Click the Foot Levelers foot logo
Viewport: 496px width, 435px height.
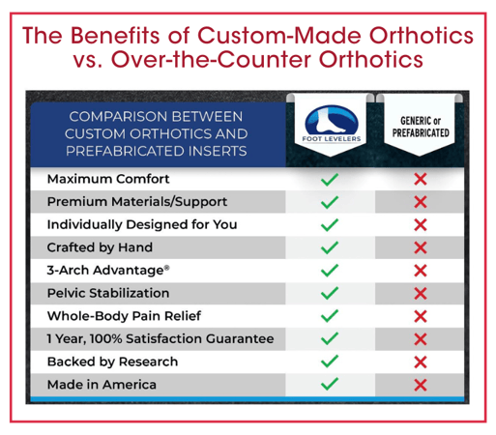[x=332, y=124]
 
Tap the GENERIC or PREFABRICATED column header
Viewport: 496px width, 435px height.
[x=421, y=127]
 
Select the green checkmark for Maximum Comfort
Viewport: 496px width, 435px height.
[x=330, y=179]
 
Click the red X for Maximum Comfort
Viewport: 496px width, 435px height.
[x=421, y=179]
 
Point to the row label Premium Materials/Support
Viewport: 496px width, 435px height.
[x=137, y=202]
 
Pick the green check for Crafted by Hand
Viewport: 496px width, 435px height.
[x=330, y=247]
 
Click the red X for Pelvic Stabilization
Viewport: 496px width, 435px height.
[x=421, y=294]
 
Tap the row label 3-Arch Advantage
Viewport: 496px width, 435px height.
[x=108, y=270]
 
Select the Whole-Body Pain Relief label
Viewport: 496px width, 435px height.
[x=124, y=316]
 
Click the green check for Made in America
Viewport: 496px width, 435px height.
[x=330, y=384]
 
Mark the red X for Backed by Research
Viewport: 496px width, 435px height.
[x=421, y=362]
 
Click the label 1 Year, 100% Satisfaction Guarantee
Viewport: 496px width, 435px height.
[x=160, y=339]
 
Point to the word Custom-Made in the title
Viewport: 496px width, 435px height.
[x=280, y=35]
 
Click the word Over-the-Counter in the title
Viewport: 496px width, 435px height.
[x=212, y=59]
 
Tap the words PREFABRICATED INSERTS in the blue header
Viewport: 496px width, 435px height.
[x=157, y=151]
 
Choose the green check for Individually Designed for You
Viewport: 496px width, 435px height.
[x=330, y=224]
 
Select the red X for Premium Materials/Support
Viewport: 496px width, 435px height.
[x=421, y=202]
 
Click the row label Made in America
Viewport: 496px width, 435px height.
[x=102, y=385]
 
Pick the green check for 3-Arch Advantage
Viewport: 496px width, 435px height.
[x=330, y=271]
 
